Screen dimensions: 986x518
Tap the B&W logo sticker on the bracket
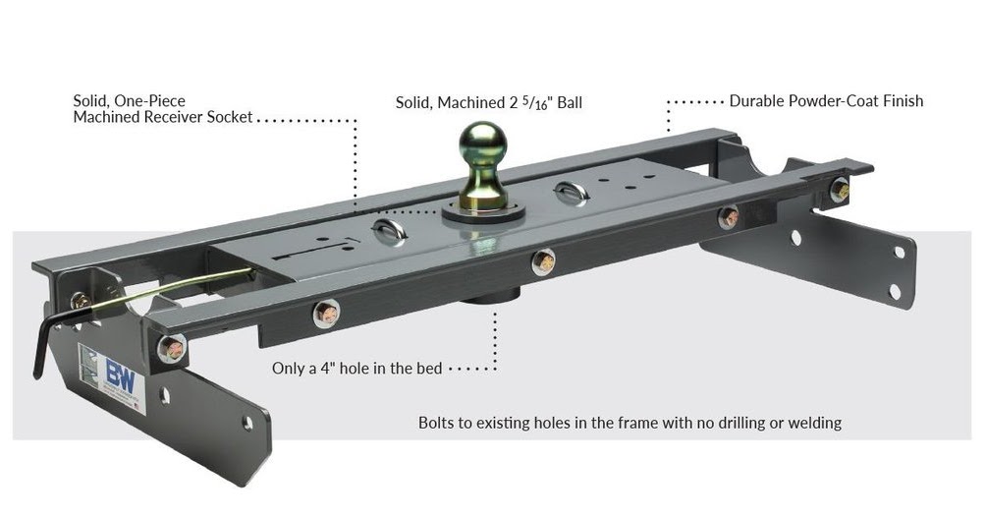tap(112, 377)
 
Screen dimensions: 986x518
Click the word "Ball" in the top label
tap(570, 102)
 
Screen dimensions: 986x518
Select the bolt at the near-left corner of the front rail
tap(171, 349)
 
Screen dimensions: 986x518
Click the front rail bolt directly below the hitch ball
tap(543, 261)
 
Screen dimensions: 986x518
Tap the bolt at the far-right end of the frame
tap(840, 190)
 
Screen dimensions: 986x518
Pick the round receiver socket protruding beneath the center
tap(489, 294)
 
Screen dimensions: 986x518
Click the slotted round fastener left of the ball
tap(389, 232)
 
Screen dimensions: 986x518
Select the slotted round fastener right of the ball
tap(572, 194)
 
